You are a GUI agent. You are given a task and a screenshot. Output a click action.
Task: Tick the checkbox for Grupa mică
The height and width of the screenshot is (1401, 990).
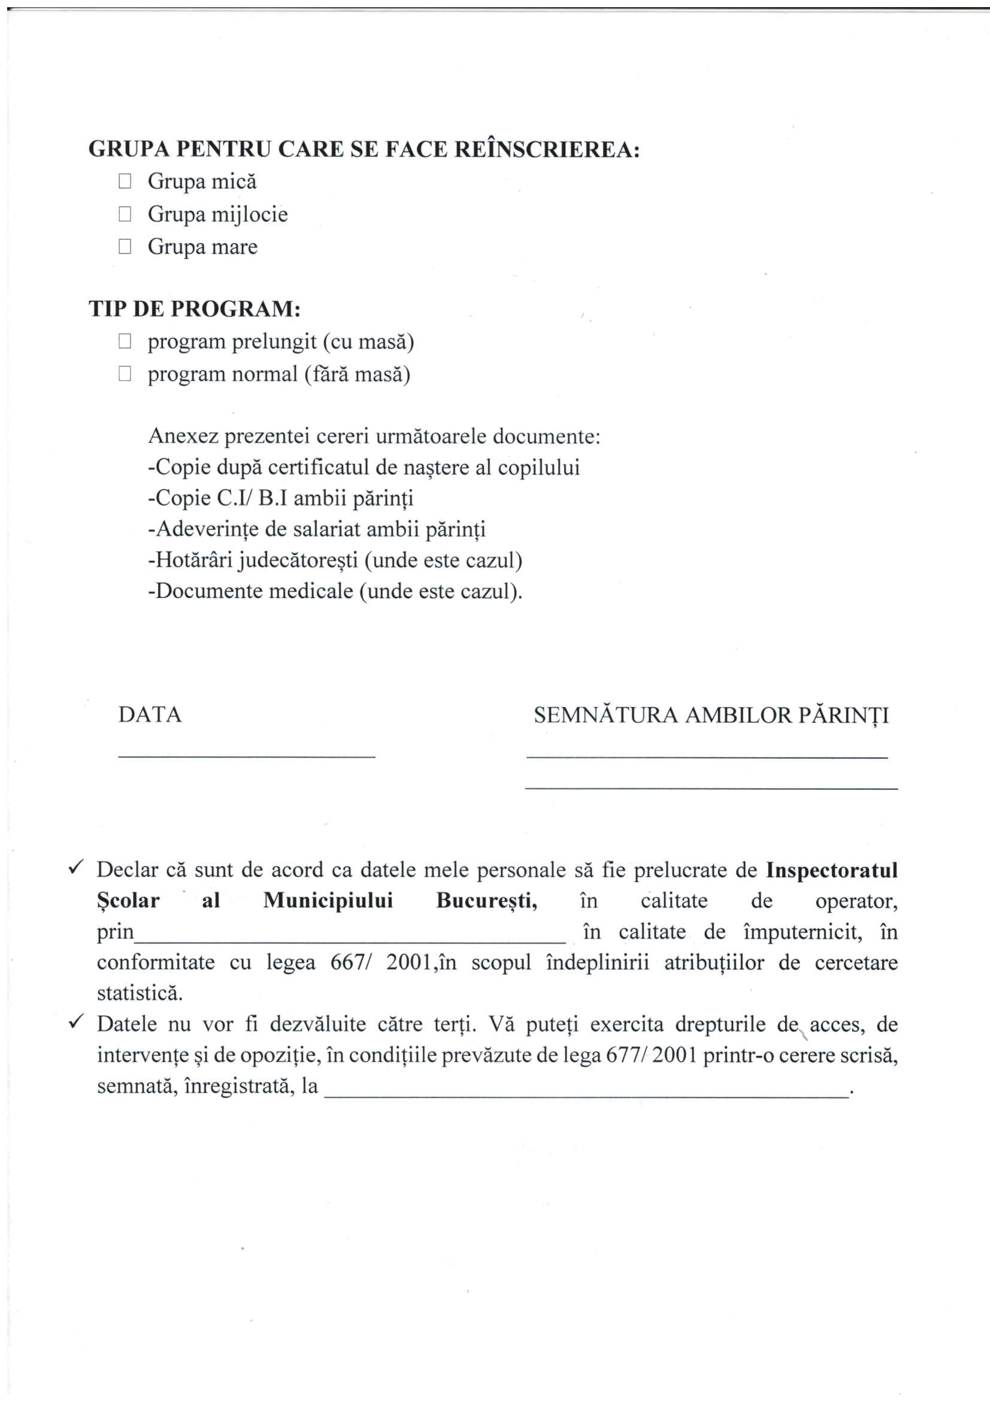click(x=125, y=181)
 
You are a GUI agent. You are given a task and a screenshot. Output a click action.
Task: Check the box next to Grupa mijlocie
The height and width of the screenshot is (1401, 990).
click(x=125, y=213)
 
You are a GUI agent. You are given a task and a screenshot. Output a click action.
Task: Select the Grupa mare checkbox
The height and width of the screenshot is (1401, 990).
click(x=125, y=246)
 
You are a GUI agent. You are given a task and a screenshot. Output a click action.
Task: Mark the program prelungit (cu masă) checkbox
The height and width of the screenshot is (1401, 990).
click(x=125, y=341)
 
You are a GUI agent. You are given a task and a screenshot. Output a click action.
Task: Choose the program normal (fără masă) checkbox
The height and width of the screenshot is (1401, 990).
click(x=125, y=373)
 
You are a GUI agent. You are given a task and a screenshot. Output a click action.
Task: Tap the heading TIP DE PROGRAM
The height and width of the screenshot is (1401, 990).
click(x=195, y=309)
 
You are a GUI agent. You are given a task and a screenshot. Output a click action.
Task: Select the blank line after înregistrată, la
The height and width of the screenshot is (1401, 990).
click(x=586, y=1096)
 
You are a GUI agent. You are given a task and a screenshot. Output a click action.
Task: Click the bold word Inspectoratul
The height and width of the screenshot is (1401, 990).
click(x=831, y=870)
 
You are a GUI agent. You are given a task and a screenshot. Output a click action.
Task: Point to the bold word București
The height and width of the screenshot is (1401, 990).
click(x=487, y=901)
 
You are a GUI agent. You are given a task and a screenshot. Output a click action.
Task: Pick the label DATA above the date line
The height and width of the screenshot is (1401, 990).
click(x=150, y=714)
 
